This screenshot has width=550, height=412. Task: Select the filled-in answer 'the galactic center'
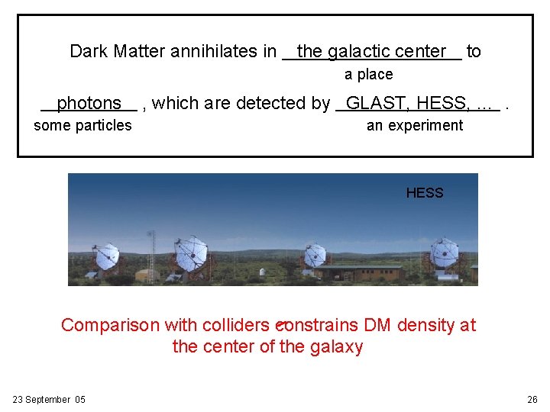pos(371,52)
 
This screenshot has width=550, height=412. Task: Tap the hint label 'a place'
pos(368,75)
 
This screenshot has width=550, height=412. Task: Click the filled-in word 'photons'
pos(89,103)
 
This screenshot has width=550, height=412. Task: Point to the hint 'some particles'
pos(82,126)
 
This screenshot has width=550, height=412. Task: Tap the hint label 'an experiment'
pos(415,126)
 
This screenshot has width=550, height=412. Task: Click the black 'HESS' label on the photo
pos(424,193)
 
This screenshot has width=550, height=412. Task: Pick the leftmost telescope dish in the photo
pos(105,256)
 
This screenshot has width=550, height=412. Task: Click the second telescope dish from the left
pos(191,251)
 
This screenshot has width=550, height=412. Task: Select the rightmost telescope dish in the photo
pos(444,253)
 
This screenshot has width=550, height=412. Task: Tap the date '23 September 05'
pos(49,400)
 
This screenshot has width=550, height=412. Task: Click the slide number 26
pos(532,400)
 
